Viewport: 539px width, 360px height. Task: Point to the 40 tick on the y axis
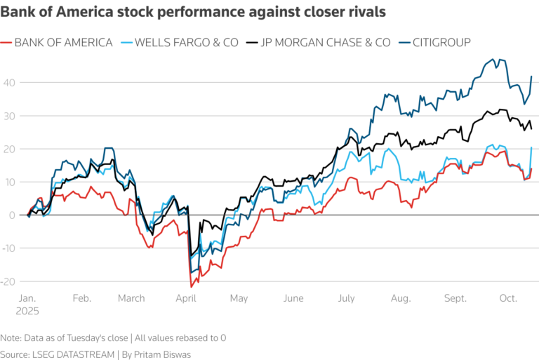click(9, 83)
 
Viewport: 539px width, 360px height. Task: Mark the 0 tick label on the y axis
click(11, 215)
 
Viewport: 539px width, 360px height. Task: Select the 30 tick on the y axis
click(9, 116)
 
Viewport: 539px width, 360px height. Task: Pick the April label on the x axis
click(186, 298)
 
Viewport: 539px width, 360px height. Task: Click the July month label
click(346, 298)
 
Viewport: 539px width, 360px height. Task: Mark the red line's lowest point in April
click(191, 286)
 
